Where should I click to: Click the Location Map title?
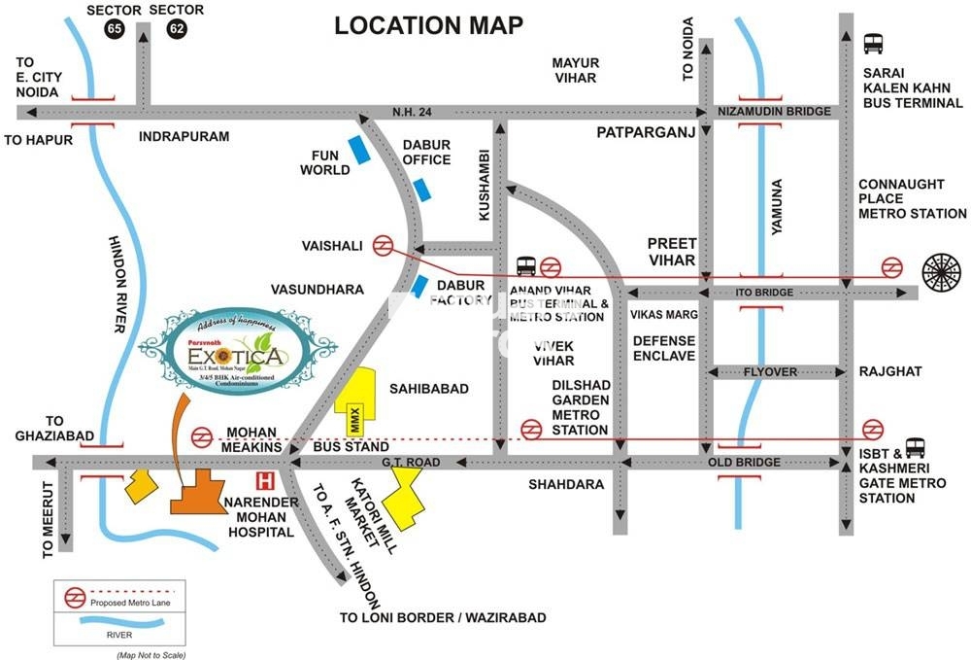(x=428, y=25)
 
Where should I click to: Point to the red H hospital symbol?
(x=262, y=480)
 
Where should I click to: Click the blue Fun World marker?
(x=359, y=150)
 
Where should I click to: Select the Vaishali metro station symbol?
(x=384, y=246)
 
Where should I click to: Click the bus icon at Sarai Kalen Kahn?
(x=873, y=44)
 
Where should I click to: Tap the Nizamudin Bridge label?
(x=774, y=112)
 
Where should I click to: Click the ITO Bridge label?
(x=772, y=293)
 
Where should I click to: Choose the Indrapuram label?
(x=184, y=137)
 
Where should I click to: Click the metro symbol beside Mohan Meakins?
(x=203, y=437)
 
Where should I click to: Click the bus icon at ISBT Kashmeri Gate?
(x=915, y=447)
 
